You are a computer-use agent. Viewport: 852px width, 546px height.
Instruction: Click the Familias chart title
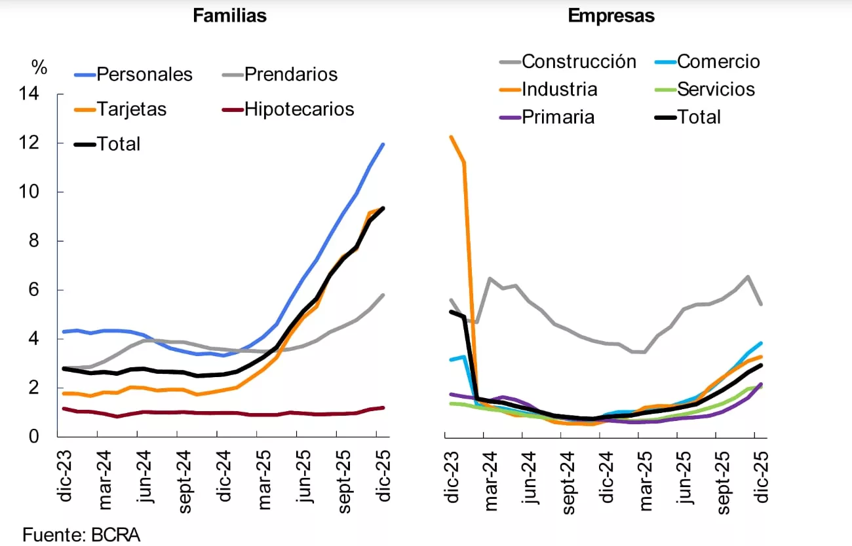tap(229, 16)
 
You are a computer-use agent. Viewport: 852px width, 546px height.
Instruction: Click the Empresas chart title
tap(611, 16)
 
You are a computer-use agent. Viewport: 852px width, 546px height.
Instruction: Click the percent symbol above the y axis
tap(39, 67)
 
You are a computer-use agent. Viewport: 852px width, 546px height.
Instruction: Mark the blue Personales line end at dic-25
tap(383, 144)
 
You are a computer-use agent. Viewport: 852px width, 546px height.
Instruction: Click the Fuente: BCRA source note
tap(81, 534)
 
